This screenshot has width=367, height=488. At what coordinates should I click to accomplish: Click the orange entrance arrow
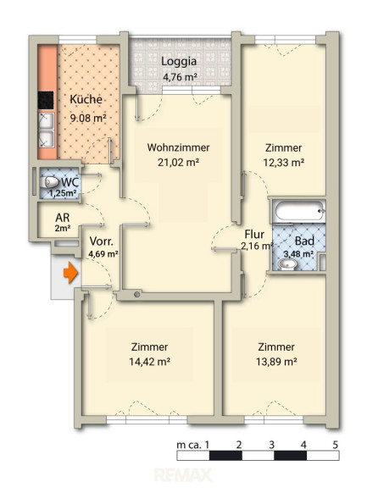tap(70, 273)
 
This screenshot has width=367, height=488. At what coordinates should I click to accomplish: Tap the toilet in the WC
tap(50, 182)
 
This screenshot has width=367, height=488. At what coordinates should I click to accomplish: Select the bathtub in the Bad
tap(298, 211)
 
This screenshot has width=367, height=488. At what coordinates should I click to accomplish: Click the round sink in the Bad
tap(287, 264)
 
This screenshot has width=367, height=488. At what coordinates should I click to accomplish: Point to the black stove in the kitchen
tap(46, 100)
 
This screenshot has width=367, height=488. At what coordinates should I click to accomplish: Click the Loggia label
tap(179, 61)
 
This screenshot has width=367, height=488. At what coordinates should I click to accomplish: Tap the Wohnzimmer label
tap(178, 147)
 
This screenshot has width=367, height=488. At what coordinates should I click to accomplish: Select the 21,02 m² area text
tap(178, 162)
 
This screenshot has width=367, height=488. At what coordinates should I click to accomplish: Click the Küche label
tap(86, 99)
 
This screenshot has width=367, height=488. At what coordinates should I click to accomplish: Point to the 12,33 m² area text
tap(284, 162)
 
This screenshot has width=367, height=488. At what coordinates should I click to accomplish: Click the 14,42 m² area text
tap(149, 362)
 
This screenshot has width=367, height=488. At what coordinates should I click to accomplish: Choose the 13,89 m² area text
tap(276, 362)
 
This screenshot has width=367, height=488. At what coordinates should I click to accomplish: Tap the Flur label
tap(254, 234)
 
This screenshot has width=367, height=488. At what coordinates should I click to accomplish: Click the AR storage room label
tap(62, 217)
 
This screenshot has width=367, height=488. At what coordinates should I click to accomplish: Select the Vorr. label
tap(101, 241)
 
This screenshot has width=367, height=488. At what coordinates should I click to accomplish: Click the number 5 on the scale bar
tap(335, 445)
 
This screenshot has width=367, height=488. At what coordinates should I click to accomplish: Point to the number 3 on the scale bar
tap(271, 445)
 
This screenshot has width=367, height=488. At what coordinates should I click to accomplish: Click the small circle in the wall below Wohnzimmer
tap(136, 295)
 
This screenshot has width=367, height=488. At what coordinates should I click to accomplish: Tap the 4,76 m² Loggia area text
tap(180, 76)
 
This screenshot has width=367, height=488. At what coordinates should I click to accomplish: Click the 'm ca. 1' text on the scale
tap(192, 445)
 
